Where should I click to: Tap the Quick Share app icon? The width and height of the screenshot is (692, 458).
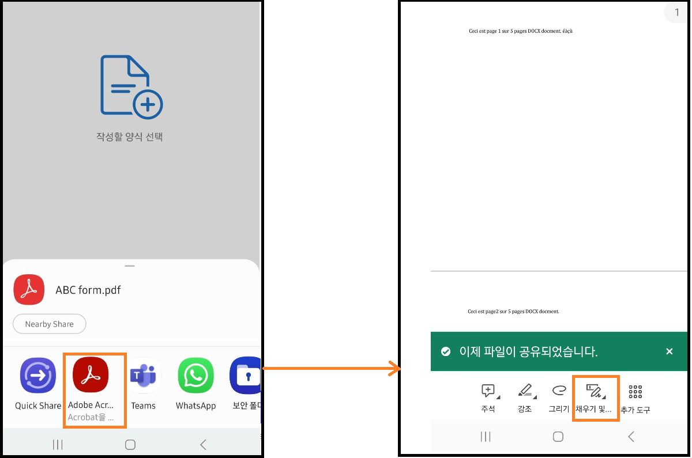38,376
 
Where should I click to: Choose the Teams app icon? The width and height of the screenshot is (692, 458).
143,376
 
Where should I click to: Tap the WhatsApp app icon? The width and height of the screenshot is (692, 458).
195,376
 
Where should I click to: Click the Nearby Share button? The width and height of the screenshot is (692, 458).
49,324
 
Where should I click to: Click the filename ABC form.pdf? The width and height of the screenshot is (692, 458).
88,290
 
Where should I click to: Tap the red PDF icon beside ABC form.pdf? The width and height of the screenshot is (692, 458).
29,290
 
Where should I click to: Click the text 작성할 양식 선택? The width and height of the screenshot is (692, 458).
129,137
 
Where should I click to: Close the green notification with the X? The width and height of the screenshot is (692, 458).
669,351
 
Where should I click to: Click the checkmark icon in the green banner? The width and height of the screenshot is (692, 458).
445,351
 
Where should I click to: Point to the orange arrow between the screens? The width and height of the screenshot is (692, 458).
331,368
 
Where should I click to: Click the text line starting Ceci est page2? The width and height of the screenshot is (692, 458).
513,312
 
